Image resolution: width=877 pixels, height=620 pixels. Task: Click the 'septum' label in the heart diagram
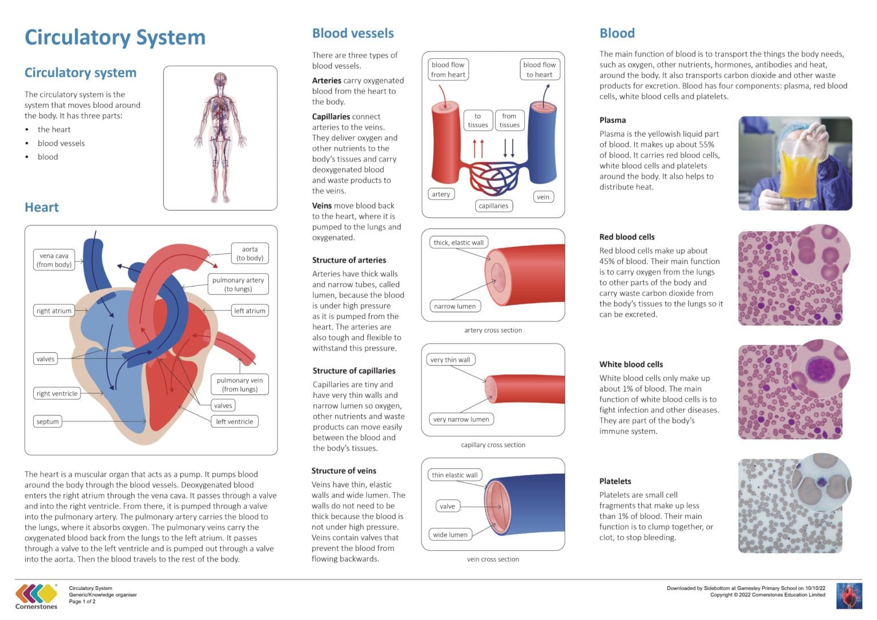tap(47, 421)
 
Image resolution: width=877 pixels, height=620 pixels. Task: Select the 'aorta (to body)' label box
tap(250, 253)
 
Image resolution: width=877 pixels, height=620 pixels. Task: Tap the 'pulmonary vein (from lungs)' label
tap(240, 384)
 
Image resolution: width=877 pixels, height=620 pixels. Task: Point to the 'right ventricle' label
tap(57, 393)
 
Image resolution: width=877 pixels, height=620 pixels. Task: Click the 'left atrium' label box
tap(250, 311)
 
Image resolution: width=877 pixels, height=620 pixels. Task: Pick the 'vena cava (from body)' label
tap(54, 260)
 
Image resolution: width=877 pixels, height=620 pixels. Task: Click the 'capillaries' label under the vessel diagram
tap(493, 206)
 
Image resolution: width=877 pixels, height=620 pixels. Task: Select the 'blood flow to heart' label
tap(539, 69)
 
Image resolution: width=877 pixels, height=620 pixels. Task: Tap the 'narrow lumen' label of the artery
tap(454, 306)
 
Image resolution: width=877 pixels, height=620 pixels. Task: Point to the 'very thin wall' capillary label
tap(450, 360)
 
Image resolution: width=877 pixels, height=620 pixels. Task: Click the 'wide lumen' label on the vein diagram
tap(450, 534)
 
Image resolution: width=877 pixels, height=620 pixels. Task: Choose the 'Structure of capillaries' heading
tap(354, 371)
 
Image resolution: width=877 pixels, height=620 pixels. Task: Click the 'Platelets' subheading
tap(615, 481)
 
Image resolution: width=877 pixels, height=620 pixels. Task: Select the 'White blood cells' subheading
tap(631, 364)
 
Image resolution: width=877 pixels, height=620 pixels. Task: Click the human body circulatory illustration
tap(220, 137)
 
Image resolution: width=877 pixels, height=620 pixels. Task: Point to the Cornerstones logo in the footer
tap(37, 596)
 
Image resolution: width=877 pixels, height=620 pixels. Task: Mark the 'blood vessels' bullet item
tap(61, 143)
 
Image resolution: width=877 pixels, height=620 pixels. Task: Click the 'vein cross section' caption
tap(493, 559)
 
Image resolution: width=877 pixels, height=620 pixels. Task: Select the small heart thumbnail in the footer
tap(848, 595)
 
